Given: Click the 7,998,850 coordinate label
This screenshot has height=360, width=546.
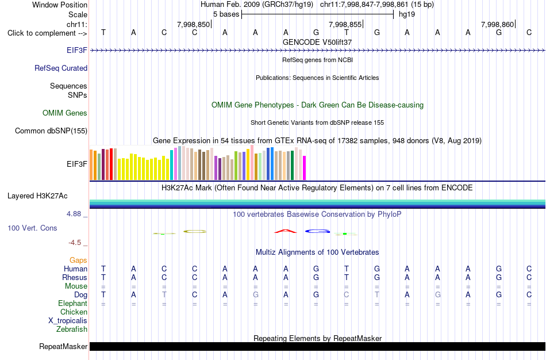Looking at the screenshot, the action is (x=193, y=24).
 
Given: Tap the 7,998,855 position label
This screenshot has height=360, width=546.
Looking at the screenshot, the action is (x=345, y=24).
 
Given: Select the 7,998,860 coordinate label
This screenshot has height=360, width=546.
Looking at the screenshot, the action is (x=497, y=24).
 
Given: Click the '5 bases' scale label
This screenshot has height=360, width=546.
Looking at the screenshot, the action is (x=226, y=14).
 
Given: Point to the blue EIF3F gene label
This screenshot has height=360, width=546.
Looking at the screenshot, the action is (x=77, y=50).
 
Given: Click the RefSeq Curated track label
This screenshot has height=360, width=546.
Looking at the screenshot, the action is (x=61, y=68).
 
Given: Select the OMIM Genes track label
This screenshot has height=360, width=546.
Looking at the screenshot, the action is (x=65, y=113).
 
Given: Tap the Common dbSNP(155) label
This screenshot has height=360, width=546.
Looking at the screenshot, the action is (x=51, y=131).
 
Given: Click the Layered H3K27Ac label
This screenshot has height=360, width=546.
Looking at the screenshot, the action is (x=37, y=196).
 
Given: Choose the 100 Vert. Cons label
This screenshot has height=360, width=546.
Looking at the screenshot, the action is (x=32, y=228).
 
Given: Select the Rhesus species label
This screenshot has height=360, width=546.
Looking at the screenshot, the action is (x=75, y=277).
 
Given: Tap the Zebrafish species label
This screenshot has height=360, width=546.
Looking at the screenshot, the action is (x=72, y=329).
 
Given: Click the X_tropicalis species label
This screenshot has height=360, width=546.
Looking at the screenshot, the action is (x=68, y=321).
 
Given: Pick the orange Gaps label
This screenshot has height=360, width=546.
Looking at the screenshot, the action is (x=78, y=261).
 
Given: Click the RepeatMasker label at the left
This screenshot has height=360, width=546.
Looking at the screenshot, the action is (x=63, y=346).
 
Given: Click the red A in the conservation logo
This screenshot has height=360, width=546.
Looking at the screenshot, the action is (x=286, y=231).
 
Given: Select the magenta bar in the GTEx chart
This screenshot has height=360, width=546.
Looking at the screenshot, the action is (x=305, y=168).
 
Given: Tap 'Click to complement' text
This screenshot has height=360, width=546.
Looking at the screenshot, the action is (x=41, y=33).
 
